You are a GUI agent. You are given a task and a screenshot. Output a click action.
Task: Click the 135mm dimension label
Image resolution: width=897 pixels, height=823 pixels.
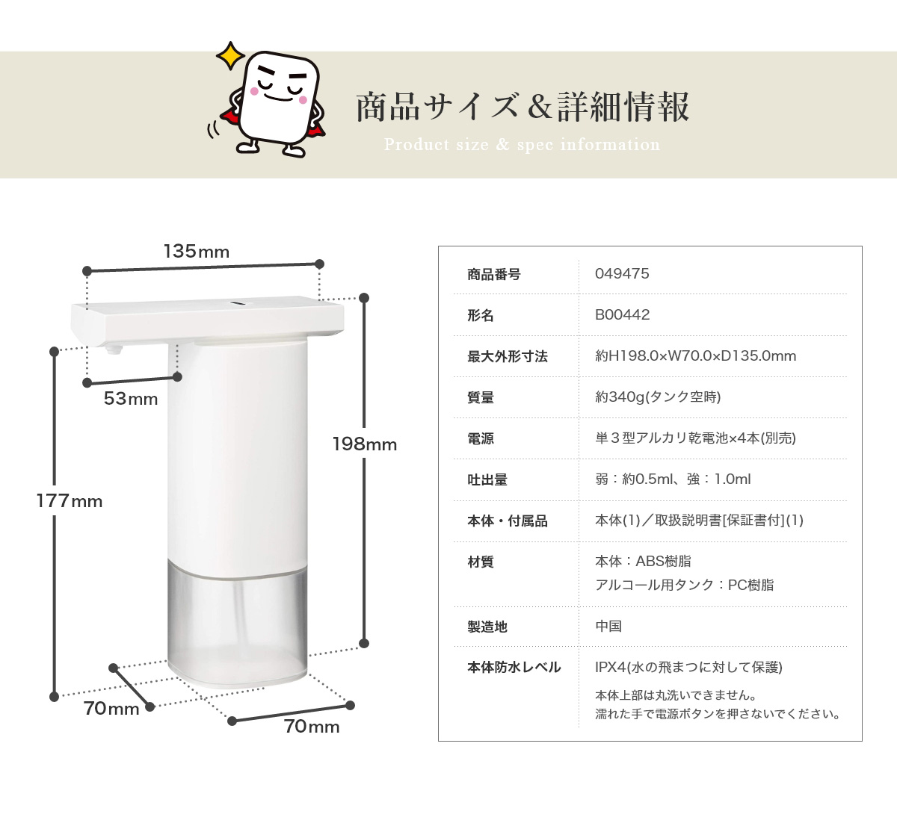(x=197, y=251)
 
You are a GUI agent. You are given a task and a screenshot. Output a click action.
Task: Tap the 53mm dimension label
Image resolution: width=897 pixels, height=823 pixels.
(x=131, y=399)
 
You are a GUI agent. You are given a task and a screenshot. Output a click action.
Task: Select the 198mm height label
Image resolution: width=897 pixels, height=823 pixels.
(x=365, y=444)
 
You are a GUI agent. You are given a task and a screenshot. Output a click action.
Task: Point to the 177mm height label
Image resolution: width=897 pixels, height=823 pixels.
(x=70, y=501)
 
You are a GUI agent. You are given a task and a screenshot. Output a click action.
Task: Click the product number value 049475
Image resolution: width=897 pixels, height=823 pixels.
(x=622, y=273)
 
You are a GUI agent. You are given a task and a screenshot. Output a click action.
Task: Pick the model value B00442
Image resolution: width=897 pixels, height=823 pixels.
(x=622, y=314)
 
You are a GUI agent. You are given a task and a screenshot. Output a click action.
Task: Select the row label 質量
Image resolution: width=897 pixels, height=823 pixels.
(x=480, y=397)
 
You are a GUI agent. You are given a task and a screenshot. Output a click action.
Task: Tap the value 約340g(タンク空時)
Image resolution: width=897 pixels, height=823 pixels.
(x=658, y=397)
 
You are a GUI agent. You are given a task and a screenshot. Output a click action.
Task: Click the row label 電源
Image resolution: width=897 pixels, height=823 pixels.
(x=480, y=438)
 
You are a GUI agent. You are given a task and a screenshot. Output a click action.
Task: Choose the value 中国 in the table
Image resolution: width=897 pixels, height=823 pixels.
(x=608, y=626)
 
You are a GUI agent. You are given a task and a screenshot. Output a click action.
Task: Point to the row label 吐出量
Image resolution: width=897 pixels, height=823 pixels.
(x=487, y=480)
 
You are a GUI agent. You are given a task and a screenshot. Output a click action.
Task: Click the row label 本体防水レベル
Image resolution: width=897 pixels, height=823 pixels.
(x=514, y=667)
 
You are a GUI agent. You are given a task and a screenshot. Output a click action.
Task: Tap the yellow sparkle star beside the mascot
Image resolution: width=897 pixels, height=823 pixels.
(x=230, y=55)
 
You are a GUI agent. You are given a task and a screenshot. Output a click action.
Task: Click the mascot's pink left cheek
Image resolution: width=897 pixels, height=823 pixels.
(x=254, y=91)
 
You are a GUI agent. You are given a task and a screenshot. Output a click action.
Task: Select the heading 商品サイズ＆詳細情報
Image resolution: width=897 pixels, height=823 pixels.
(x=523, y=107)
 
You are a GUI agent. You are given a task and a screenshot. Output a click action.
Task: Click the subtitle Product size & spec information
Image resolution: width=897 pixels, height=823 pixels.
(x=522, y=144)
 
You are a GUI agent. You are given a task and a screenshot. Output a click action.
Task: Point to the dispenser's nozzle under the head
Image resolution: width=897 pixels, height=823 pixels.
(x=114, y=350)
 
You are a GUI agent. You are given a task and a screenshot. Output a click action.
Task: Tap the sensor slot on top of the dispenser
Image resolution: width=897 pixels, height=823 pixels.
(x=241, y=303)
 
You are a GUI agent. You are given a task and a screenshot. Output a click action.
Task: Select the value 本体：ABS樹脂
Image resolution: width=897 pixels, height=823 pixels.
(x=643, y=561)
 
